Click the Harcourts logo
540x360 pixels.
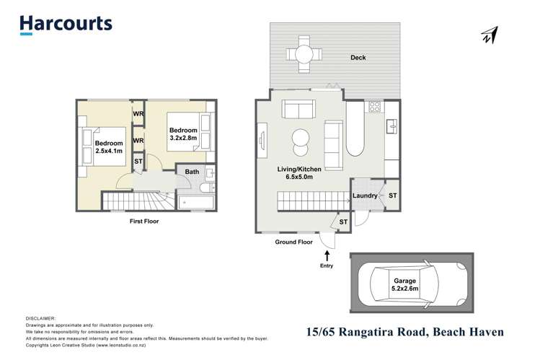point(66,24)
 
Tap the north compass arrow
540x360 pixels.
point(490,34)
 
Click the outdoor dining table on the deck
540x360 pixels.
point(301,53)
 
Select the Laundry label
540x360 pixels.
point(366,195)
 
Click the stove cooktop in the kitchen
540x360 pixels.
point(375,107)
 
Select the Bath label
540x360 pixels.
point(192,172)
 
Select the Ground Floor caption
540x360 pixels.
point(294,242)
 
